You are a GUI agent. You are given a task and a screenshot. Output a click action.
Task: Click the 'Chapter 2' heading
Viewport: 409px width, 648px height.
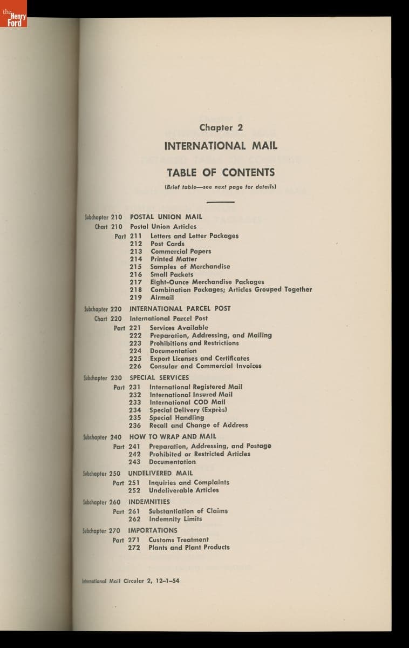coord(221,128)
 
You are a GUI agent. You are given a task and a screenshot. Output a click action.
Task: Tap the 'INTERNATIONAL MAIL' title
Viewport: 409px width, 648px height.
coord(221,146)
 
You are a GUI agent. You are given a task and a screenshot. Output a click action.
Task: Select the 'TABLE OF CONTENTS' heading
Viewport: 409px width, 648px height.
coord(221,173)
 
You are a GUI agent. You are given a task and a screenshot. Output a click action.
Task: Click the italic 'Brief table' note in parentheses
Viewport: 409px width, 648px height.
coord(220,187)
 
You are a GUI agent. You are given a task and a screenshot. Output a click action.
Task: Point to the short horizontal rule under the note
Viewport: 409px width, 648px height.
coord(220,201)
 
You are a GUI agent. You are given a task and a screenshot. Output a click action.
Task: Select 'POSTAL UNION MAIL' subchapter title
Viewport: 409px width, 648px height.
coord(166,217)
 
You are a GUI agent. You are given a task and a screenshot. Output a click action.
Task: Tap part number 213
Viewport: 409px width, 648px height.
coord(136,252)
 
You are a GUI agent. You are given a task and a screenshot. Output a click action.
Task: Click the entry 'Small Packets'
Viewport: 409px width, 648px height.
coord(172,274)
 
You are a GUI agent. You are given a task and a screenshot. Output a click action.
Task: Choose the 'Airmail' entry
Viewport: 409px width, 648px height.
coord(162,298)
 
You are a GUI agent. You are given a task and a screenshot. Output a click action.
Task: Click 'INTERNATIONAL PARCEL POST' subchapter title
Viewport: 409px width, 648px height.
coord(180,309)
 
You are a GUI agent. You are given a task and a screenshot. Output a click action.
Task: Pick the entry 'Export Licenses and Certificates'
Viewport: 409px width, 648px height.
coord(199,359)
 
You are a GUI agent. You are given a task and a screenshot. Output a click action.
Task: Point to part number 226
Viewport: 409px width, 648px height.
coord(135,366)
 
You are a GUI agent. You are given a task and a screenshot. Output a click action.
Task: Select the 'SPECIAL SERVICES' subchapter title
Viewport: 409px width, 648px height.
coord(159,378)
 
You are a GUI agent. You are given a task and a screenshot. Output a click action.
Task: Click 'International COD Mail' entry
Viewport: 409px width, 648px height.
coord(187,402)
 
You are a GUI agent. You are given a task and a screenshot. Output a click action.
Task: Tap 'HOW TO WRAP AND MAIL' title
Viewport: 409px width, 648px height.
coord(173,437)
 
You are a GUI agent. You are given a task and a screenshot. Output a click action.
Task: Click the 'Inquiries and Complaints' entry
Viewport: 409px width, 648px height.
coord(189,483)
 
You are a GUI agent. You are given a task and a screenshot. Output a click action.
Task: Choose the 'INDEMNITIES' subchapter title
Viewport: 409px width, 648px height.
coord(149,502)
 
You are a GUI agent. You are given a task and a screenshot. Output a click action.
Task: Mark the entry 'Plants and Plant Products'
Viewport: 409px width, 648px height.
coord(189,548)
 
